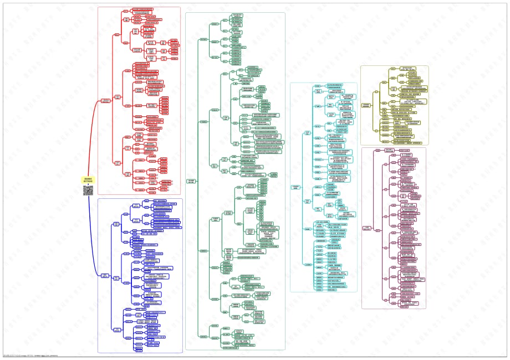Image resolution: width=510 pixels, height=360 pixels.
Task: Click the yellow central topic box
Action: tap(89, 179)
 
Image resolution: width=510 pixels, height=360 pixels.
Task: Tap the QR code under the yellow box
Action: tap(89, 191)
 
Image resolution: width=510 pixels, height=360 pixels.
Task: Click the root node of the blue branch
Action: tap(105, 275)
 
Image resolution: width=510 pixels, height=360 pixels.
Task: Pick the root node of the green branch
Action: tap(191, 181)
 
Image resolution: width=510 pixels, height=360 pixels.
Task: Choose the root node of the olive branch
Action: tap(366, 105)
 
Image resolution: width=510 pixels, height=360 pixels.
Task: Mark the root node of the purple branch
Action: tap(367, 228)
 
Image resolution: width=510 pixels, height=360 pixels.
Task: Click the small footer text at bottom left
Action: tap(33, 356)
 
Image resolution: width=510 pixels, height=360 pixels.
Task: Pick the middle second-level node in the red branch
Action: tap(117, 97)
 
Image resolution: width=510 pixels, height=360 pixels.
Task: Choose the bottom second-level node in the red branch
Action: tap(117, 162)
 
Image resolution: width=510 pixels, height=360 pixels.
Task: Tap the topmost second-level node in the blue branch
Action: tap(117, 224)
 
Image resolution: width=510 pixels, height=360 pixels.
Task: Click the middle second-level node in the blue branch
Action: tap(117, 277)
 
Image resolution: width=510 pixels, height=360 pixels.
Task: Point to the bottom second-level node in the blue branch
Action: tap(117, 330)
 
